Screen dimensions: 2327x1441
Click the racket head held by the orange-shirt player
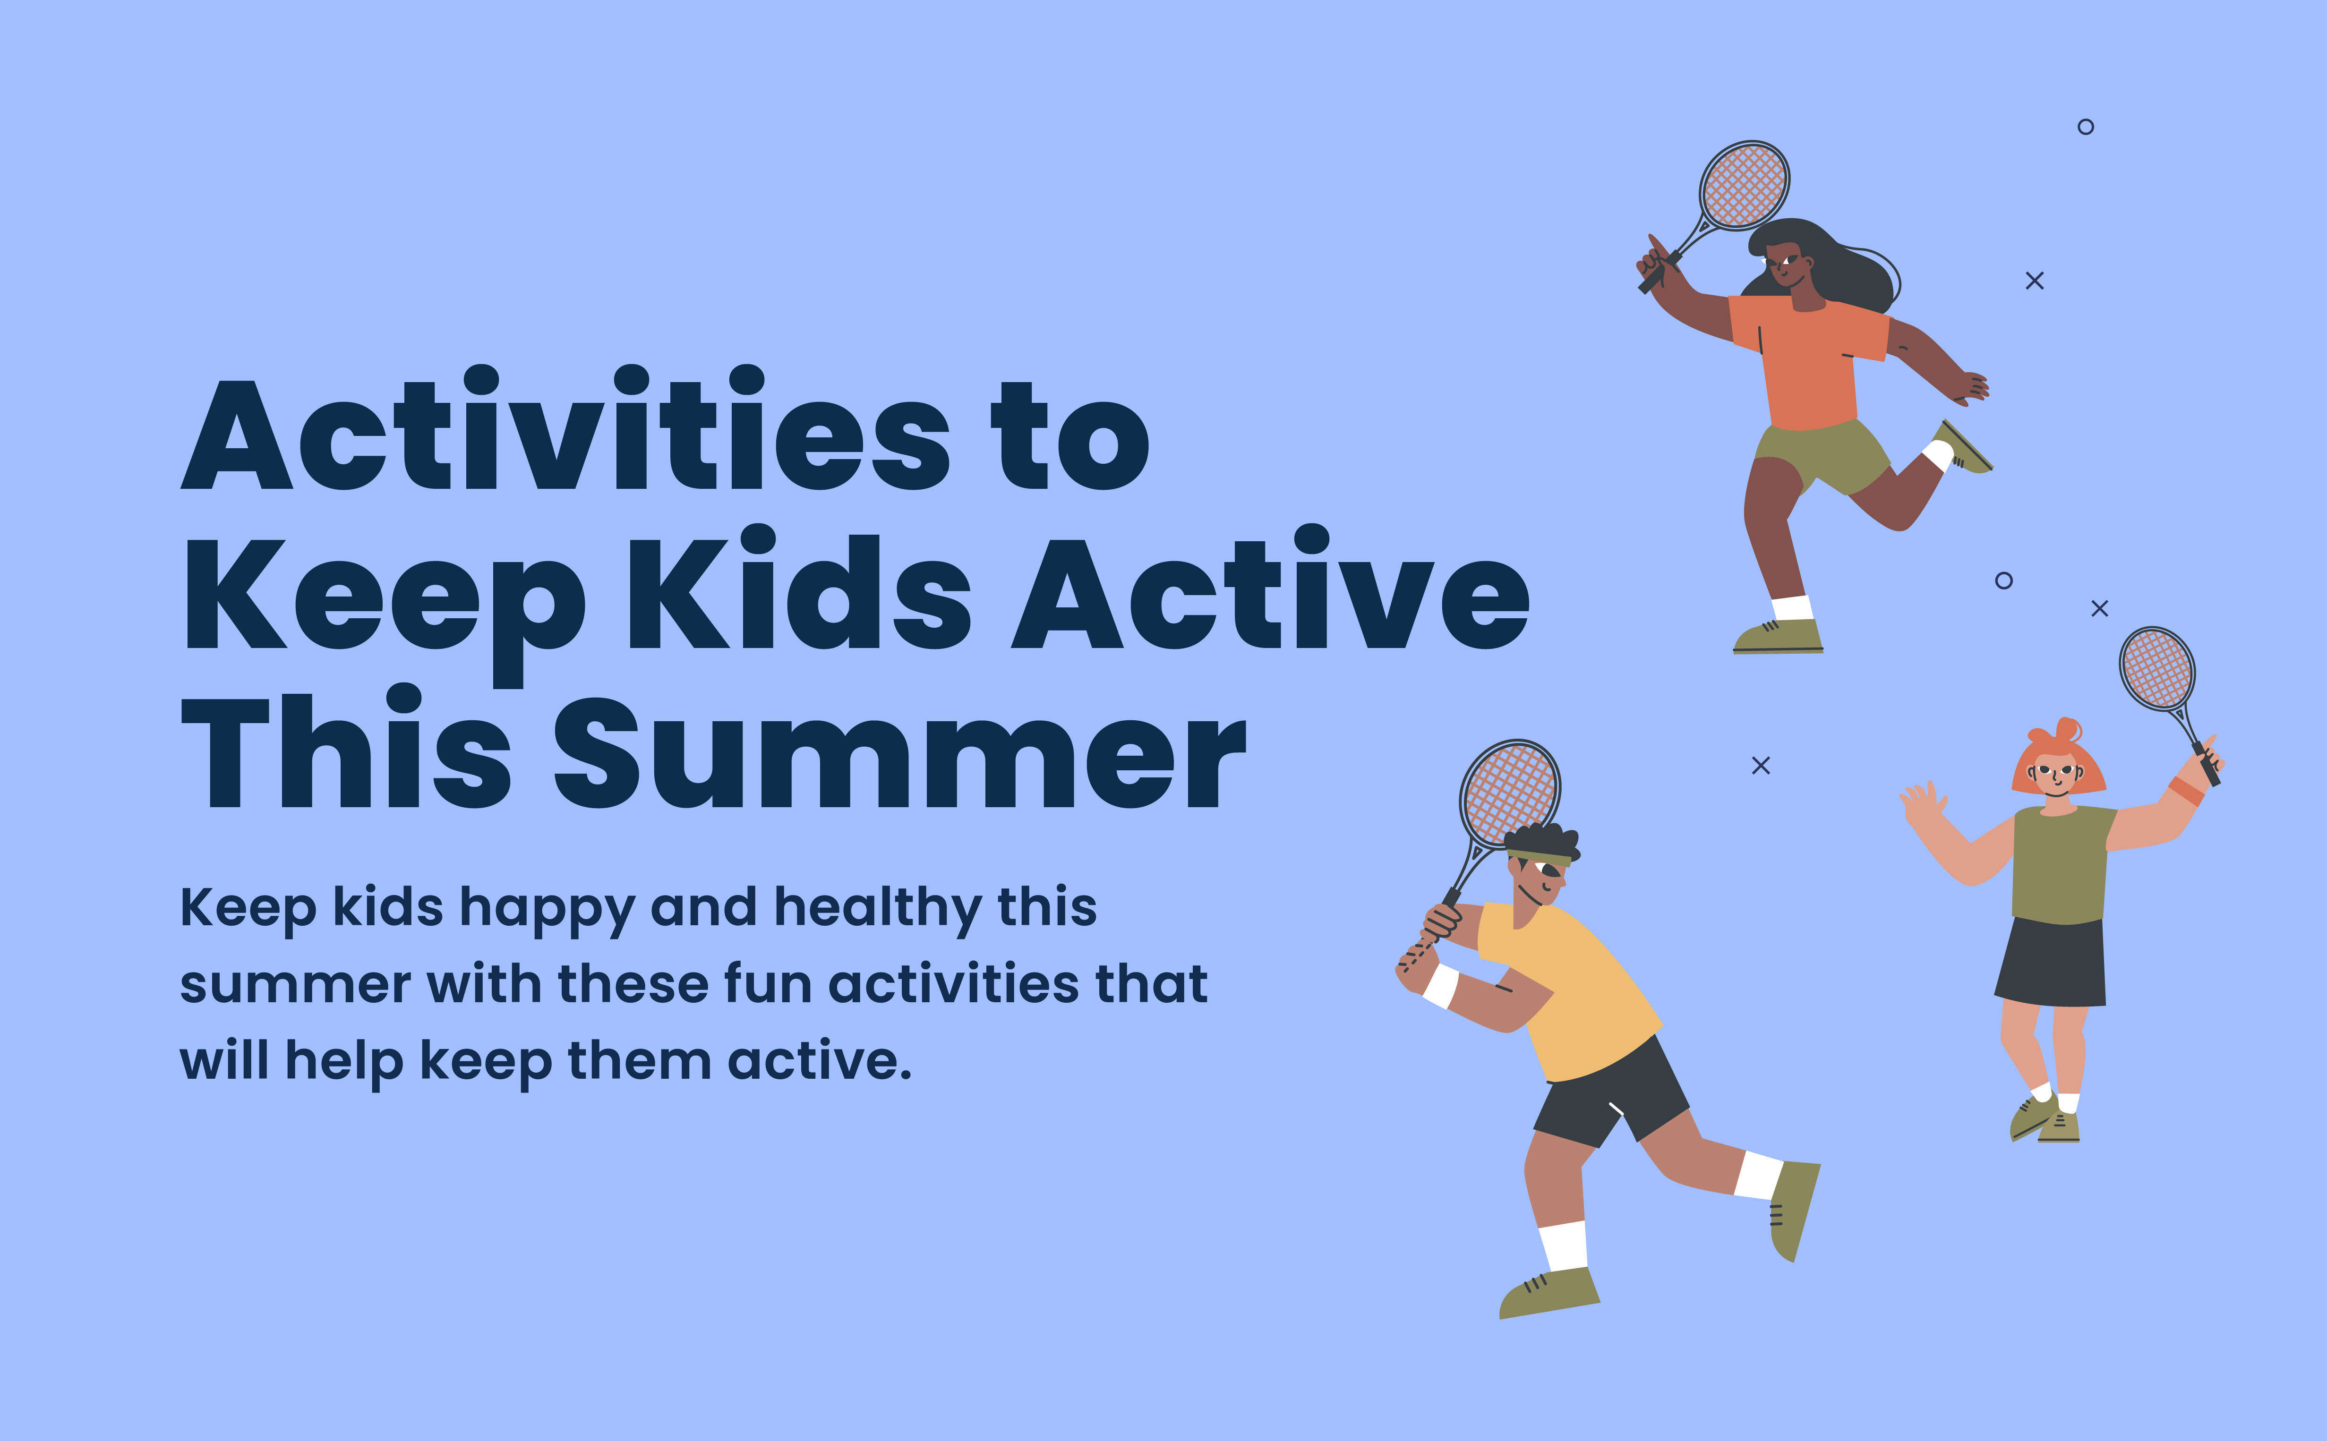pyautogui.click(x=1745, y=185)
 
